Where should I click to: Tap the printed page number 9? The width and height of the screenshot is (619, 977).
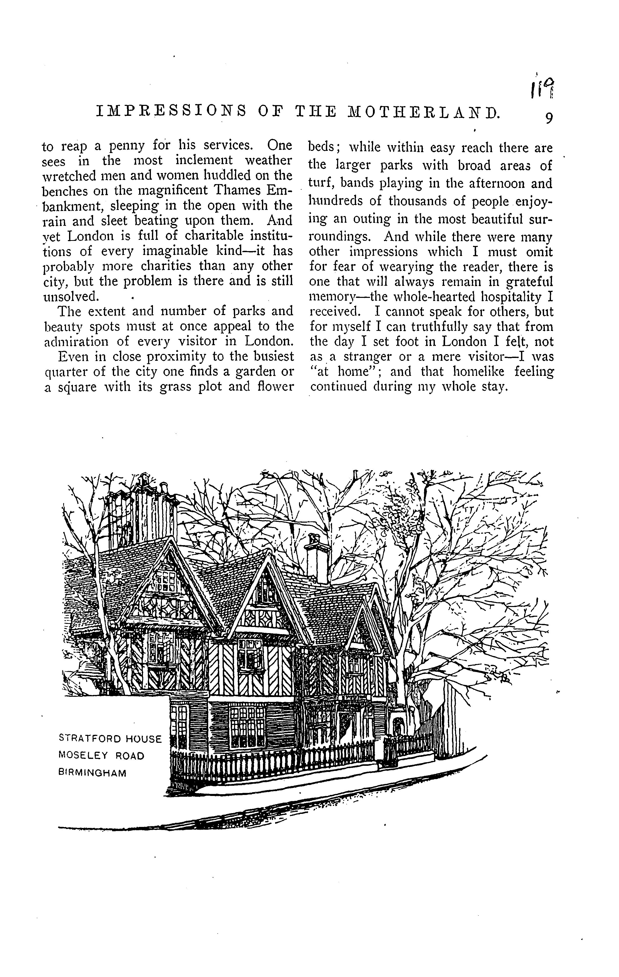point(549,118)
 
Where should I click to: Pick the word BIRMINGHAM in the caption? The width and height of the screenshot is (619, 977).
point(93,773)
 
